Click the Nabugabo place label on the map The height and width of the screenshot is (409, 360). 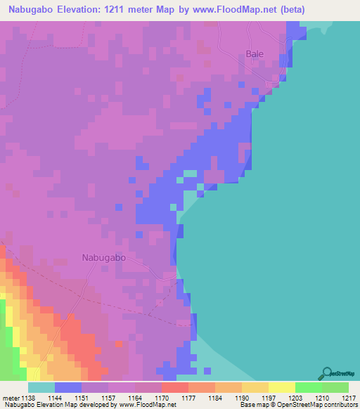pos(104,257)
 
